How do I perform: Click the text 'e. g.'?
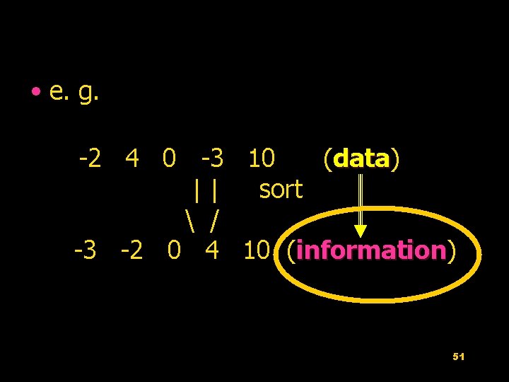(74, 92)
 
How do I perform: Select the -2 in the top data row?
(93, 158)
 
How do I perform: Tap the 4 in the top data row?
(131, 158)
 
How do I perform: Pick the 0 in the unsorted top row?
(169, 158)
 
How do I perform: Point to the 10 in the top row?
(262, 158)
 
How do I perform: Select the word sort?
(281, 190)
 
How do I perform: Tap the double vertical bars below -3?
(204, 190)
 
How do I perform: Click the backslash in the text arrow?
(189, 220)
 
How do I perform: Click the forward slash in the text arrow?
(213, 220)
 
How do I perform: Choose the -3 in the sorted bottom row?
(86, 250)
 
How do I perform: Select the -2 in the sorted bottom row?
(131, 250)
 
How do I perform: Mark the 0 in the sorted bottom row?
(174, 250)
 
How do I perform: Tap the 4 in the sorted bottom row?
(211, 250)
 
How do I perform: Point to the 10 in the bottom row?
(256, 250)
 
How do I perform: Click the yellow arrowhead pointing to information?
(361, 231)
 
